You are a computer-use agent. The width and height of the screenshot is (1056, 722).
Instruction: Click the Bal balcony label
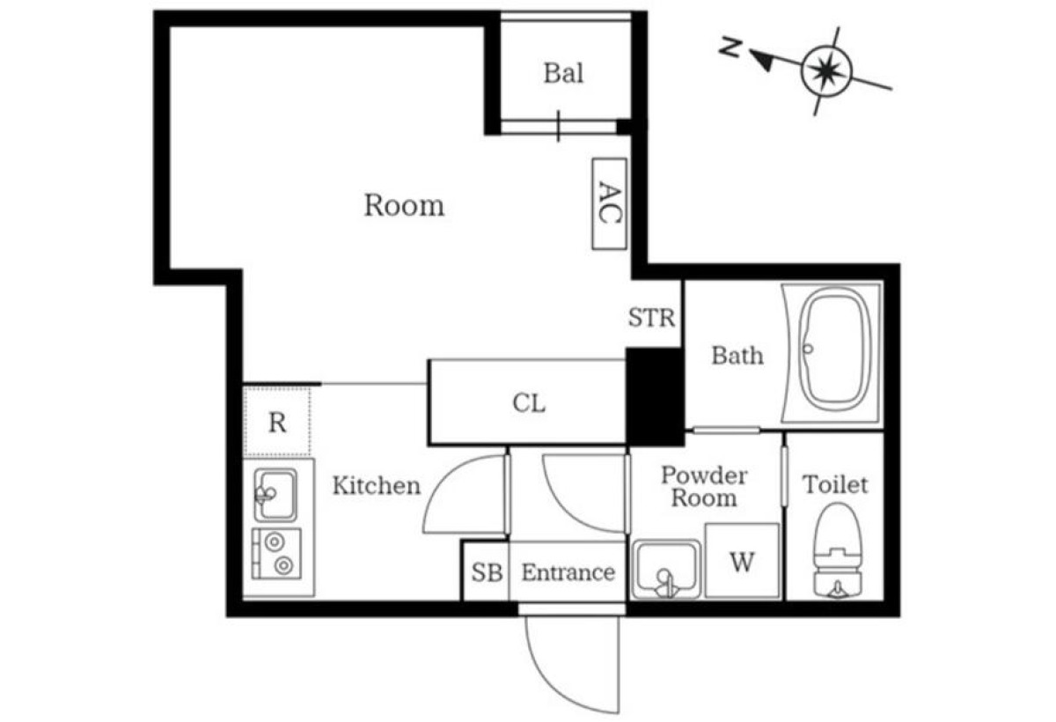(x=563, y=74)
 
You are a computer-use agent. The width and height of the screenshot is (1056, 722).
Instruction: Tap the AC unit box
(x=610, y=203)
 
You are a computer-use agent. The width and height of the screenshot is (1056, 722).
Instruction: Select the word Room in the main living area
(x=404, y=206)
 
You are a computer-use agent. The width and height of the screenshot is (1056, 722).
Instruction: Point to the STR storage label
(x=651, y=317)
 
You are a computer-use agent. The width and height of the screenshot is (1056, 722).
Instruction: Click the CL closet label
(x=529, y=403)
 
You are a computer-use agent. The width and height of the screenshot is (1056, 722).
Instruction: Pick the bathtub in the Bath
(x=831, y=352)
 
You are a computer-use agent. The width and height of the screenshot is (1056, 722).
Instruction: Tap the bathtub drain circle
(x=808, y=349)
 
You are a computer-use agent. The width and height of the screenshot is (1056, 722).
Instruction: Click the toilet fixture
(x=838, y=551)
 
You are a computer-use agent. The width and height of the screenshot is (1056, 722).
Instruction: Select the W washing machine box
(x=742, y=561)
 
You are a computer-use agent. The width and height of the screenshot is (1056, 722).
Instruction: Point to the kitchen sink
(x=275, y=495)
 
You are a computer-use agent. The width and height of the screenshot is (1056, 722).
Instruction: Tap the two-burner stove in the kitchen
(x=276, y=554)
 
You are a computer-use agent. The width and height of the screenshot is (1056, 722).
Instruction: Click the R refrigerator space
(x=276, y=422)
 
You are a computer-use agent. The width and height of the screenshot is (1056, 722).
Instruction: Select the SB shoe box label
(x=487, y=572)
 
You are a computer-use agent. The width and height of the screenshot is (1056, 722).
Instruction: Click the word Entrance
(x=568, y=572)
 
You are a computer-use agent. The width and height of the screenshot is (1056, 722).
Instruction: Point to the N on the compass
(x=730, y=48)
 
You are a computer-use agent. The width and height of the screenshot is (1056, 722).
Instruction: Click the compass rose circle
(x=826, y=70)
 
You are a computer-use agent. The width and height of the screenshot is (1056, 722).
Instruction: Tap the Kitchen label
(x=377, y=485)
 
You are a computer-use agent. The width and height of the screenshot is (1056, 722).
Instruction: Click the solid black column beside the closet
(x=655, y=396)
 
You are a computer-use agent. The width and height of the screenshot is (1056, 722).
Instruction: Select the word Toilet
(x=835, y=484)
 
